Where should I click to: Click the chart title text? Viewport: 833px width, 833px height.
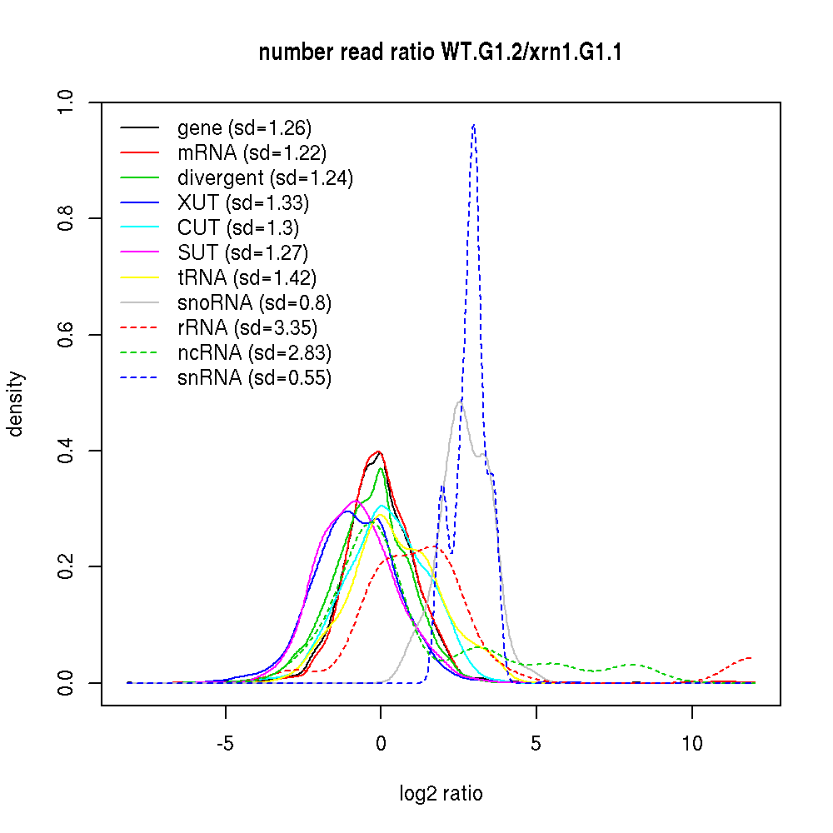click(441, 52)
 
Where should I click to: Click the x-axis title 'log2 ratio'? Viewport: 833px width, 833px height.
click(441, 793)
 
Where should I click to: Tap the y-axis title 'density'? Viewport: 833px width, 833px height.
click(16, 403)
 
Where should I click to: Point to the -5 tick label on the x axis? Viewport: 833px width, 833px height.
click(225, 744)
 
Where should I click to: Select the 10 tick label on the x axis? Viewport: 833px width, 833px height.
click(691, 744)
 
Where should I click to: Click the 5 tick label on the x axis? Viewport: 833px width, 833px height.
click(536, 744)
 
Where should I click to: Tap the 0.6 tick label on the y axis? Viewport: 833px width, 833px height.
click(67, 335)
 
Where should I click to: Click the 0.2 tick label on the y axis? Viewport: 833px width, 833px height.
click(67, 567)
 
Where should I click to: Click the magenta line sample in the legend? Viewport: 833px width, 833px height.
click(140, 253)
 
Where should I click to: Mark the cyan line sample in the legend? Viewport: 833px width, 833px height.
click(140, 228)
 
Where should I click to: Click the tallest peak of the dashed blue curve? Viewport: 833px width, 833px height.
click(473, 125)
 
